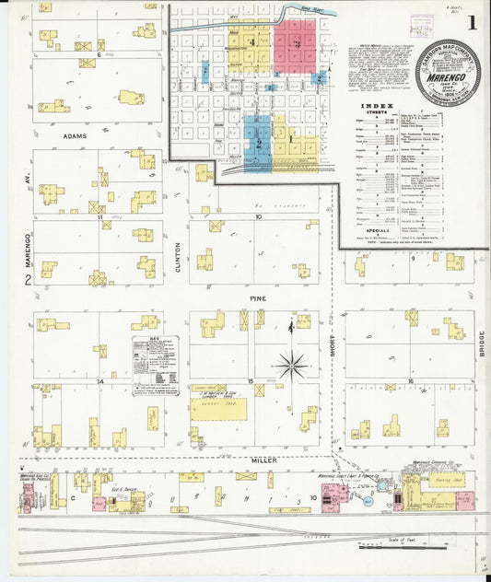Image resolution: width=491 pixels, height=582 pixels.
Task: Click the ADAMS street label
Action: [x=75, y=135]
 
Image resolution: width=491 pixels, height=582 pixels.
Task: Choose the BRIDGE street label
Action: [x=481, y=344]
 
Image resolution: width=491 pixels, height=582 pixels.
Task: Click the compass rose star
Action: [x=292, y=367]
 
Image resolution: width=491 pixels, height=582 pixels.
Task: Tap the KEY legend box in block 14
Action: [x=155, y=367]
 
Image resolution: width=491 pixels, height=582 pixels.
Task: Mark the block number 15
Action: [x=250, y=379]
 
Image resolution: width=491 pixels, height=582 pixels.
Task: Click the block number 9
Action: [x=413, y=259]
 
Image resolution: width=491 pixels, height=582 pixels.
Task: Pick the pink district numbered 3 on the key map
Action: [x=296, y=45]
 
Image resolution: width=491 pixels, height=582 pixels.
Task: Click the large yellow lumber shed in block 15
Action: [x=218, y=406]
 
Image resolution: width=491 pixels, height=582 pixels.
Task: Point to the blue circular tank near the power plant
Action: [x=368, y=502]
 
